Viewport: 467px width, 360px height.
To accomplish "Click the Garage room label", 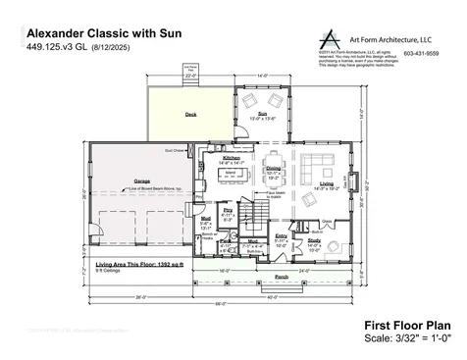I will click(x=142, y=180).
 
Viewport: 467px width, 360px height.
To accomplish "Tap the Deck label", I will click(x=190, y=114).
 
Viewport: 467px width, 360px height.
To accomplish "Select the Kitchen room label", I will click(x=232, y=157).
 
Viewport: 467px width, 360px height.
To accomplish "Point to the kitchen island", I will click(x=232, y=174).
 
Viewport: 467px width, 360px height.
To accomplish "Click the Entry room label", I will click(x=282, y=236).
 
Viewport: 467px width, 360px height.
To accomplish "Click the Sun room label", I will click(x=262, y=113).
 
